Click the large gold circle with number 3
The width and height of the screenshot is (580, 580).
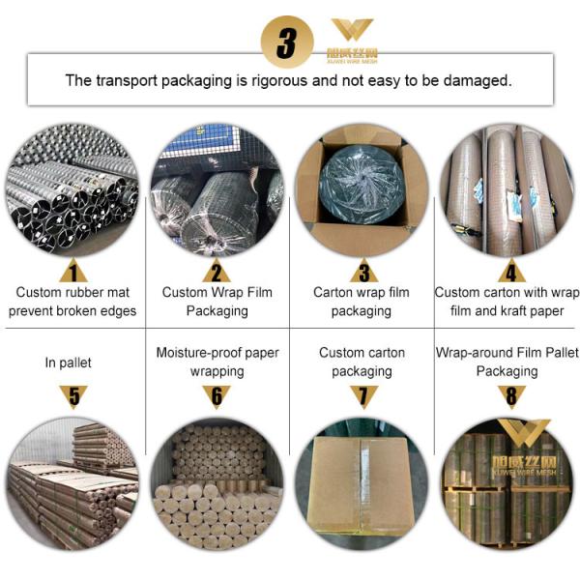(287, 42)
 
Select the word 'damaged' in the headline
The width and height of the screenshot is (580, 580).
(478, 80)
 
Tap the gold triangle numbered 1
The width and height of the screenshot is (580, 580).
(72, 271)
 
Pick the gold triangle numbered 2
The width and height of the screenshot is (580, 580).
(217, 271)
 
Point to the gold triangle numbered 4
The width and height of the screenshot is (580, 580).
(511, 271)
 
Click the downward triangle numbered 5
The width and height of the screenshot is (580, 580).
(73, 396)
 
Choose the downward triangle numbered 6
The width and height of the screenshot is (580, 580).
(217, 396)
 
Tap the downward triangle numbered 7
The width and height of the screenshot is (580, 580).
(363, 396)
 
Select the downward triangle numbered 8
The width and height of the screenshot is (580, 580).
(511, 396)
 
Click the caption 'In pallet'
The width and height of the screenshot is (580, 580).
(68, 362)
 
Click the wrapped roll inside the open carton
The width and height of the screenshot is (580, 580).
(361, 185)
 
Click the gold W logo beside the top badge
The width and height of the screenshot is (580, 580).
(352, 29)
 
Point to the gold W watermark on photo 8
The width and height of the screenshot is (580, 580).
(524, 432)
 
